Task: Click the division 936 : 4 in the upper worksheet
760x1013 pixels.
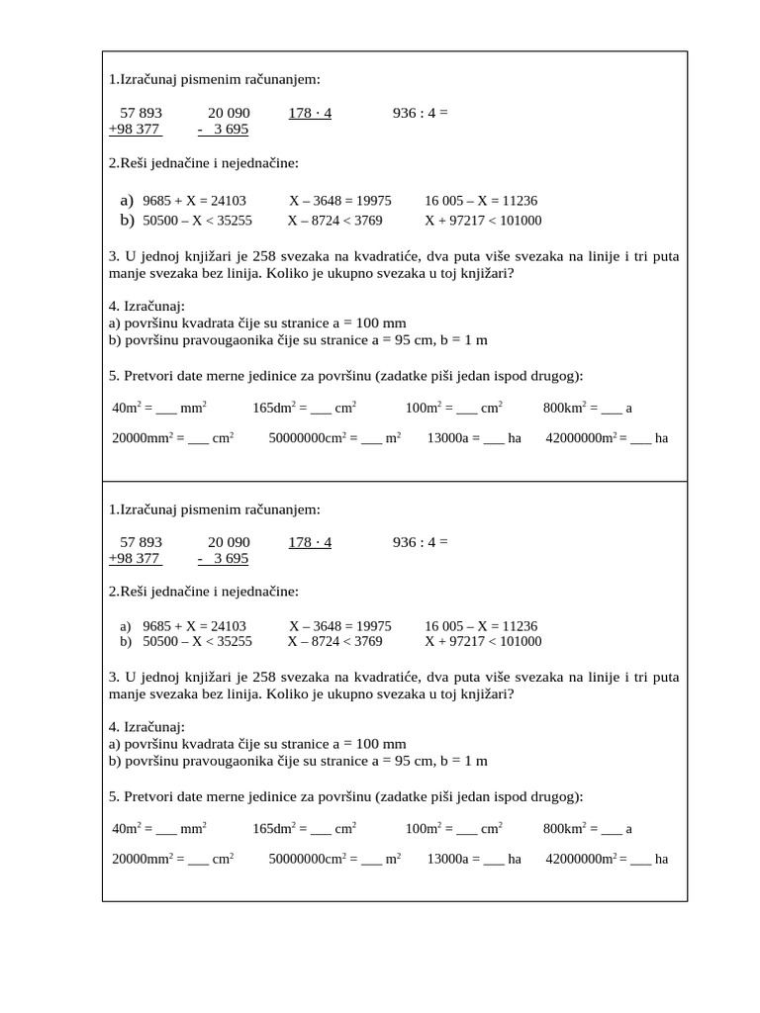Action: (420, 113)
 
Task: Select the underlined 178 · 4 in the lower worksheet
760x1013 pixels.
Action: (310, 542)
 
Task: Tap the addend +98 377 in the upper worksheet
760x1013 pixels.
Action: (136, 130)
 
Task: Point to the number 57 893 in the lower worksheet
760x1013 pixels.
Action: (141, 542)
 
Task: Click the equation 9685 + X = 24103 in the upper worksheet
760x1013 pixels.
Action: (194, 200)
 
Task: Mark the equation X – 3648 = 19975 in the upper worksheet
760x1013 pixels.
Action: (340, 200)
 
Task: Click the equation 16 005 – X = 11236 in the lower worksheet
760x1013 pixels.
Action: (481, 626)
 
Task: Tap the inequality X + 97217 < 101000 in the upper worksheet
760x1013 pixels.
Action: (483, 221)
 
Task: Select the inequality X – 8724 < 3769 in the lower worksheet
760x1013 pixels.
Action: (334, 641)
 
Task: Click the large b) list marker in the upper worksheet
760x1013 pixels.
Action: (127, 220)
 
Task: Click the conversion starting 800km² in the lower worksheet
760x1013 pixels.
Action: (587, 828)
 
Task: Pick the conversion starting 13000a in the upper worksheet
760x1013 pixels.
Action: (473, 438)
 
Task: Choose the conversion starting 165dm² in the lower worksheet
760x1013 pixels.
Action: (304, 828)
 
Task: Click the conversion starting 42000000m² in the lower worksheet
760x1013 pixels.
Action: (607, 859)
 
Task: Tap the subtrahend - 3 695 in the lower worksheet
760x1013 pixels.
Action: (223, 559)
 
